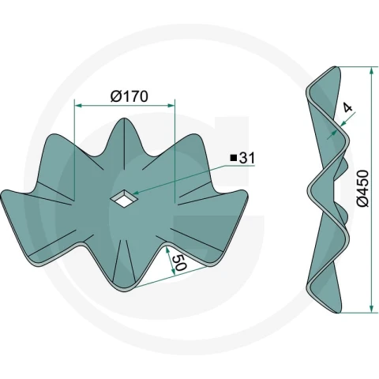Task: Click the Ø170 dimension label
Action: [x=129, y=96]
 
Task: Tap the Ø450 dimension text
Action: [x=363, y=188]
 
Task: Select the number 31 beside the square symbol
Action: [x=246, y=158]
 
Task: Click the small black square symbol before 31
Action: [x=233, y=158]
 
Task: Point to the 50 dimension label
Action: [x=179, y=262]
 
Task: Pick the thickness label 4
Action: [x=348, y=108]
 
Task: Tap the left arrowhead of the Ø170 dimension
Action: [x=79, y=106]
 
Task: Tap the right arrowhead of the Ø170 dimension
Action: [x=171, y=106]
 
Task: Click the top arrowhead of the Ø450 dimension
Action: [x=371, y=71]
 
